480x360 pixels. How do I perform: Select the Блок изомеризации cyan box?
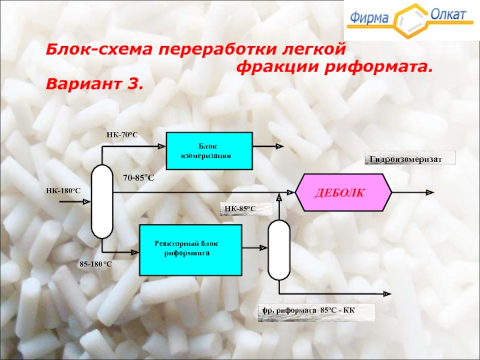[208, 151]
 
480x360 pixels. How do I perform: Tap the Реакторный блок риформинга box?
[190, 249]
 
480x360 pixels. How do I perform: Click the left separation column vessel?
[102, 202]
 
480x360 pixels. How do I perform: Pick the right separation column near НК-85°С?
[278, 250]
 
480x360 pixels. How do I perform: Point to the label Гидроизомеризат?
[410, 158]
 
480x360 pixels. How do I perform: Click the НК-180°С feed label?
[63, 191]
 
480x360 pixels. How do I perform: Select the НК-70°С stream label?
[122, 135]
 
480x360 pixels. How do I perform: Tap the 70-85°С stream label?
[139, 178]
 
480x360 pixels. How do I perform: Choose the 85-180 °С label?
[96, 263]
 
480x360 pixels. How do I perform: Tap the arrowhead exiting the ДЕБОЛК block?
[430, 193]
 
